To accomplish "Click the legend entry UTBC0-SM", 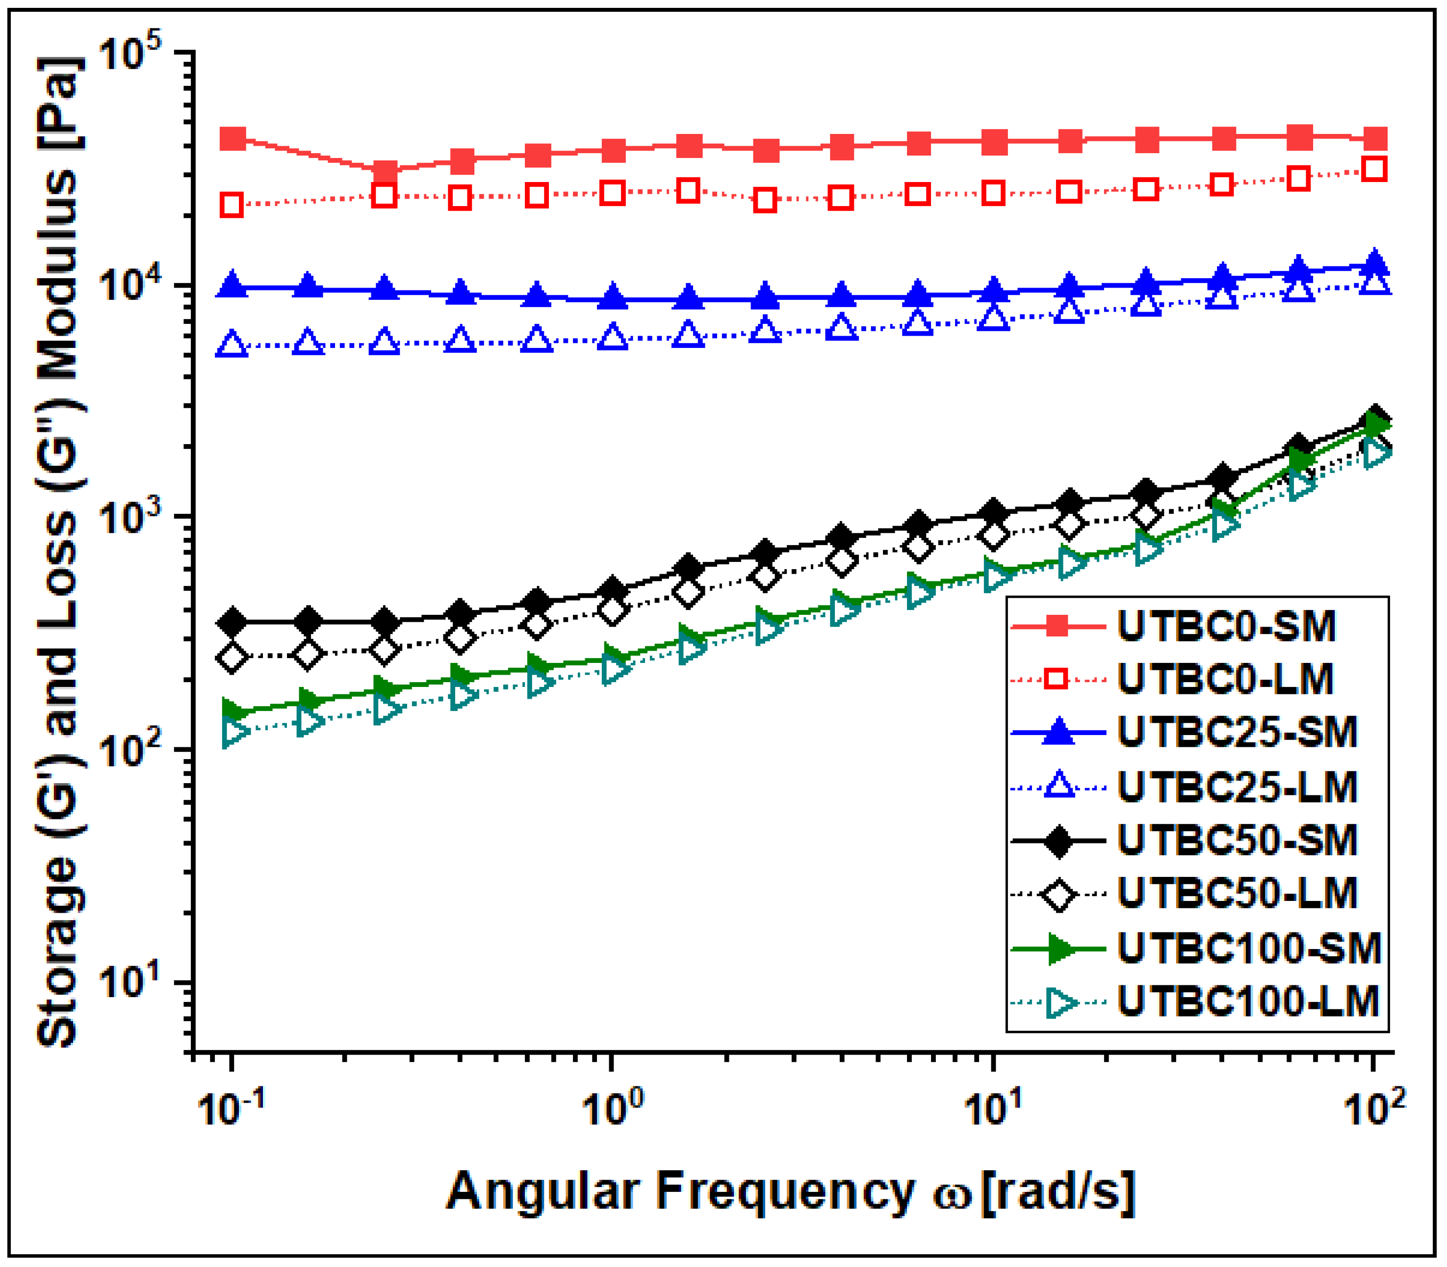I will (1226, 627).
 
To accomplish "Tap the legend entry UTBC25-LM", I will (1237, 786).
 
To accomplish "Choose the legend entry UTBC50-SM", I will (1237, 840).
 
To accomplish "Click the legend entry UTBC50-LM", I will (1237, 894).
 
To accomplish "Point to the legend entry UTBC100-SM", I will (1249, 948).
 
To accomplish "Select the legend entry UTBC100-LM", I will (1248, 1001).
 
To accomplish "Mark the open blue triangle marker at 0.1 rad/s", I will (232, 344).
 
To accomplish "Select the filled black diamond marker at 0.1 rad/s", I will (232, 623).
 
